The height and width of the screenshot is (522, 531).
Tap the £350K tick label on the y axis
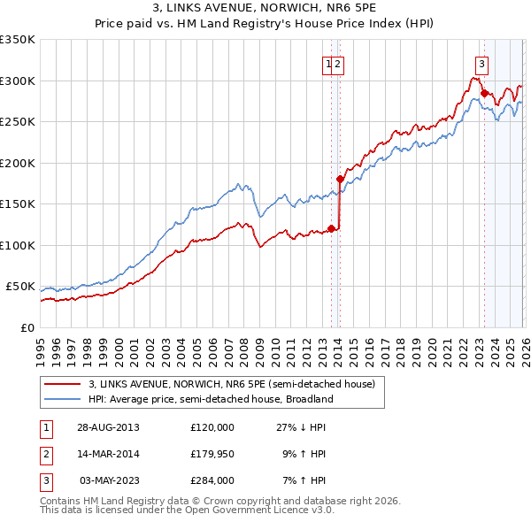tap(18, 40)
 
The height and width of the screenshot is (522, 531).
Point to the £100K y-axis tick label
tap(18, 245)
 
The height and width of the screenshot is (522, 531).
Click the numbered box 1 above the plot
tap(328, 64)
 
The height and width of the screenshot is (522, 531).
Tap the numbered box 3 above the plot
tap(481, 64)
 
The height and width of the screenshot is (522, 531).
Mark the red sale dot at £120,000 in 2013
tap(332, 228)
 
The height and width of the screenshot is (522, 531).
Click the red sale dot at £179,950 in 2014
tap(340, 180)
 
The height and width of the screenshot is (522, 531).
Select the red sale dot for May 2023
tap(484, 93)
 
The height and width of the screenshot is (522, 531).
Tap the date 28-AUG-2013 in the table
tap(108, 427)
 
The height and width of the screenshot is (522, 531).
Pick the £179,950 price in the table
tap(212, 454)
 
